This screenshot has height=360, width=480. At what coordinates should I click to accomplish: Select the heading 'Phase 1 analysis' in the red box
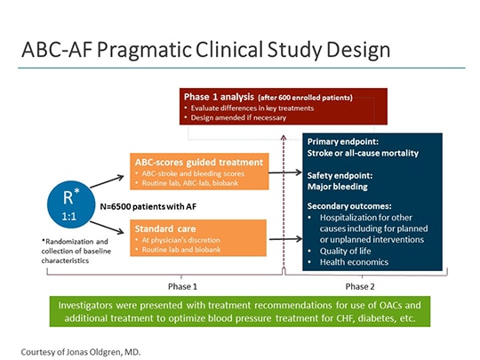216,96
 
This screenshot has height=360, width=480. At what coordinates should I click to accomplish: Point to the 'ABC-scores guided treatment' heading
198,162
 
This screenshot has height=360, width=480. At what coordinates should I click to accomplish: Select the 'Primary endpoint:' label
341,140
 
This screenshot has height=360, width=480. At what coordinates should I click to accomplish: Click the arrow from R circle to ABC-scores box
104,182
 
